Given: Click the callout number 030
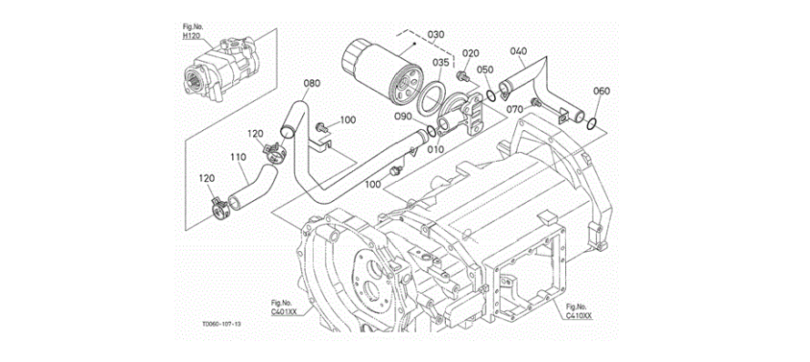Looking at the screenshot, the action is (x=436, y=35).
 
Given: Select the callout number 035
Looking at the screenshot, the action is (x=440, y=63).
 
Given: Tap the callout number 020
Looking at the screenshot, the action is (x=471, y=53).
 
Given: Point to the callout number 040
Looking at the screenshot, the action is (x=519, y=51).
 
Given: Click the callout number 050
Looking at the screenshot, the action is (x=485, y=70).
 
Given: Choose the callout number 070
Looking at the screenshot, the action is (x=514, y=109).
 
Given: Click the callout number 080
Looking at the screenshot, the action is (x=311, y=83).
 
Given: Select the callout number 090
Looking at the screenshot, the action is (x=416, y=117).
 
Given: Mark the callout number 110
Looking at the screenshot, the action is (x=238, y=156).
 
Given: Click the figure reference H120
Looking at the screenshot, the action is (x=192, y=35).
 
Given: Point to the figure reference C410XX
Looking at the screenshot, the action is (x=579, y=315).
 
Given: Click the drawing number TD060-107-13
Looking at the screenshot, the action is (x=222, y=325).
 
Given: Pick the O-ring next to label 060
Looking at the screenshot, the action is (x=592, y=123).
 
